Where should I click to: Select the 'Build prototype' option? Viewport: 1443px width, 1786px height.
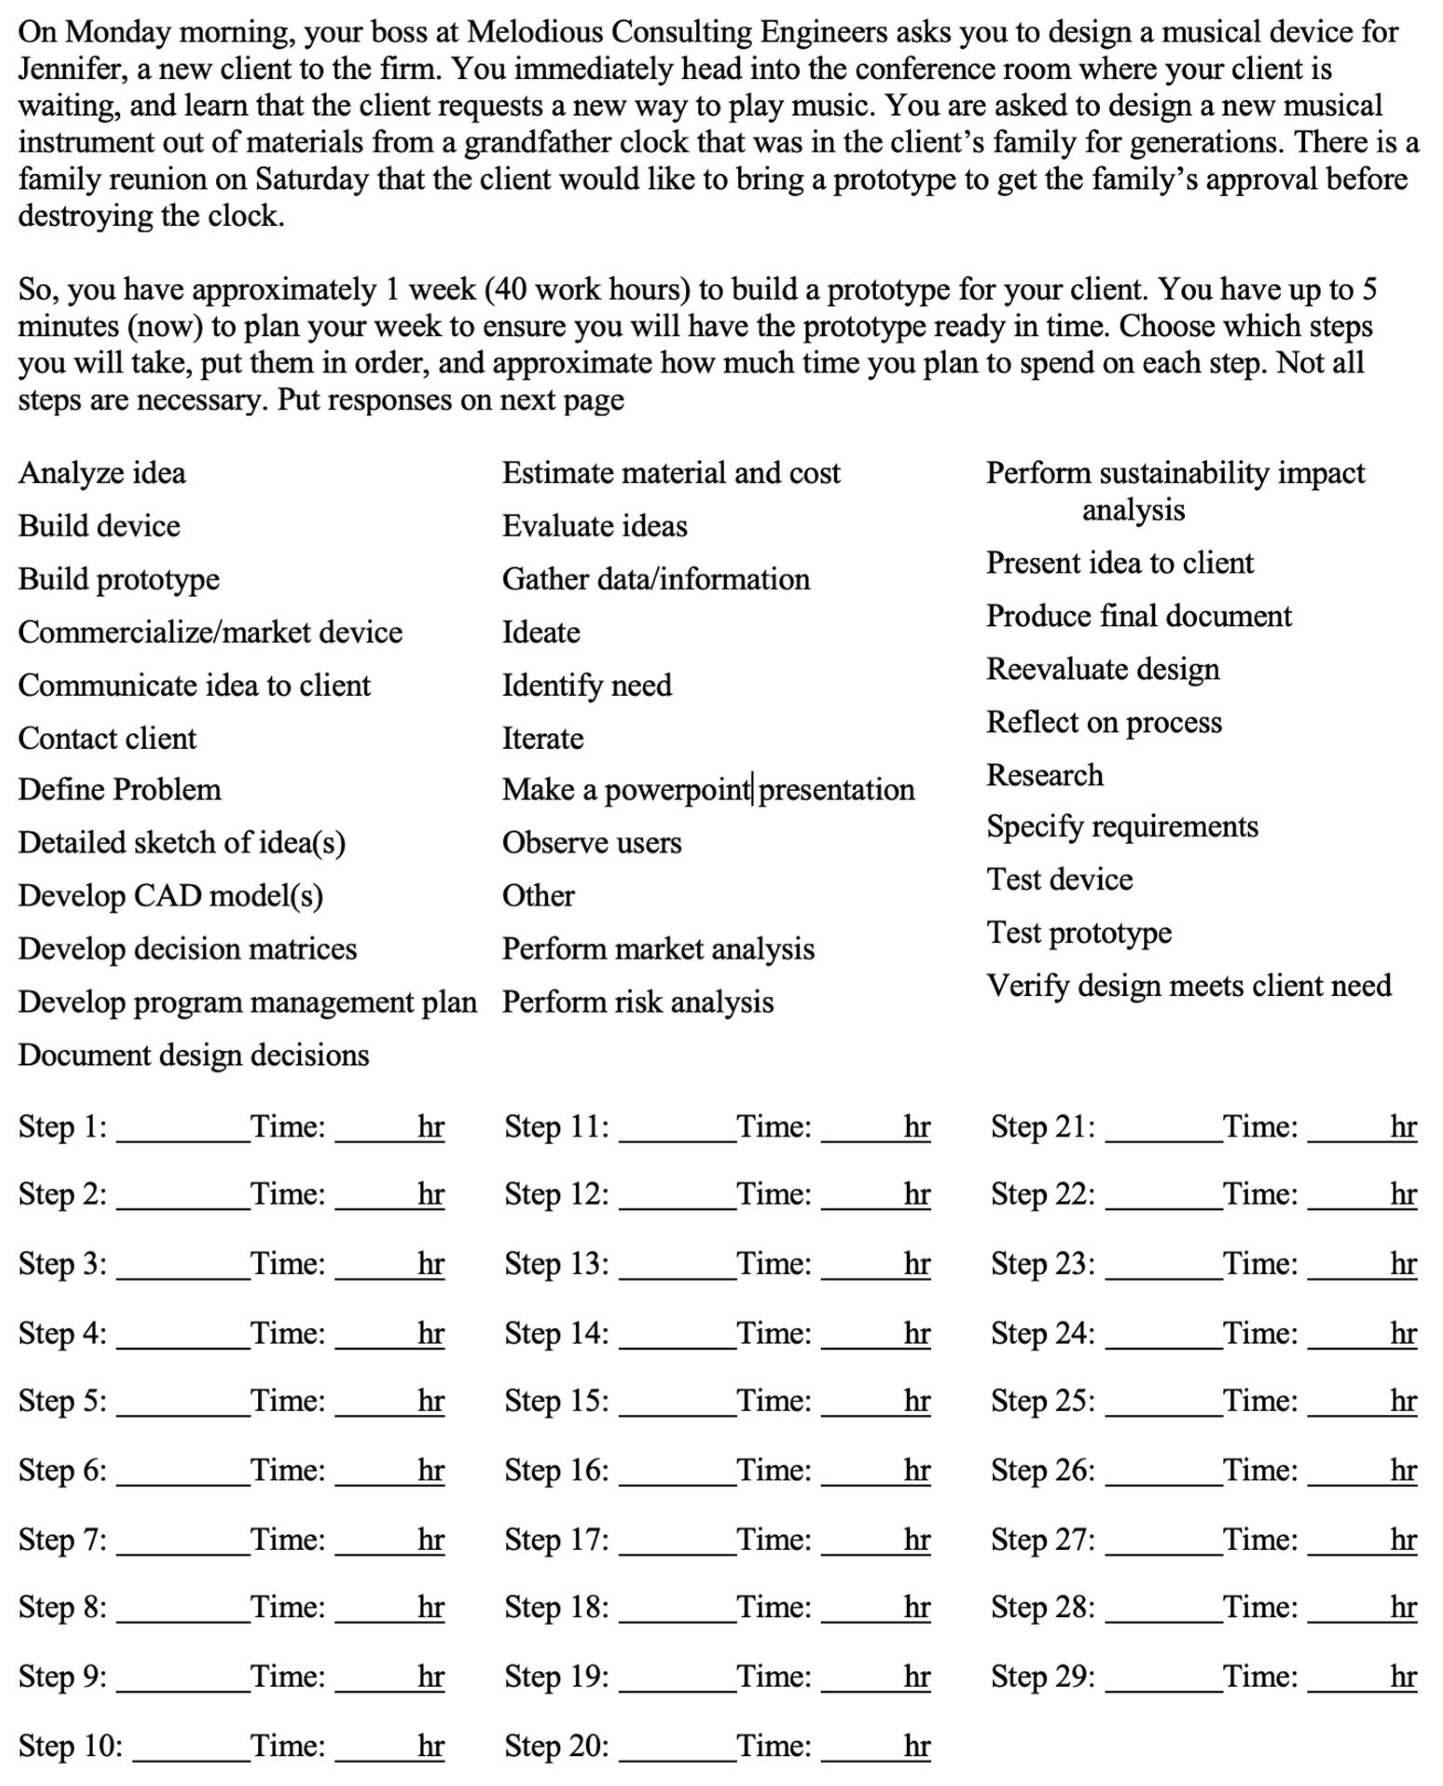coord(119,579)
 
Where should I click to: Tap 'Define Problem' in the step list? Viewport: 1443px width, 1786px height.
coord(120,789)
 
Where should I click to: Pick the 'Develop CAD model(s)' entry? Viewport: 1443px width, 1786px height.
coord(171,896)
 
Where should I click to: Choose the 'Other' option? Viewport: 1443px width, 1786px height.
coord(538,896)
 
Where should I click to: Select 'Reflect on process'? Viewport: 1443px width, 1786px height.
coord(1103,722)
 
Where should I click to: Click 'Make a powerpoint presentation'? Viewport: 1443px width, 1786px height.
coord(708,789)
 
